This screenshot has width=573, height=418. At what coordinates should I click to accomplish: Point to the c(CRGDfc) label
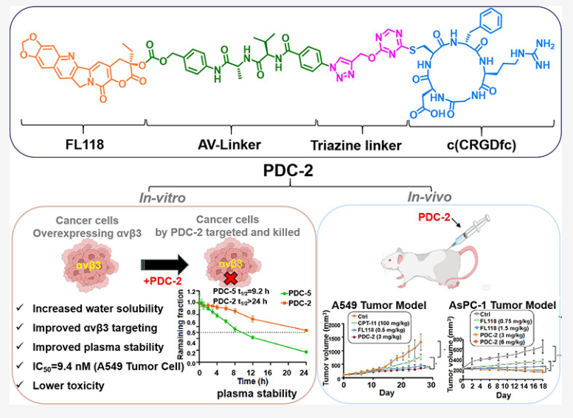[466, 145]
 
